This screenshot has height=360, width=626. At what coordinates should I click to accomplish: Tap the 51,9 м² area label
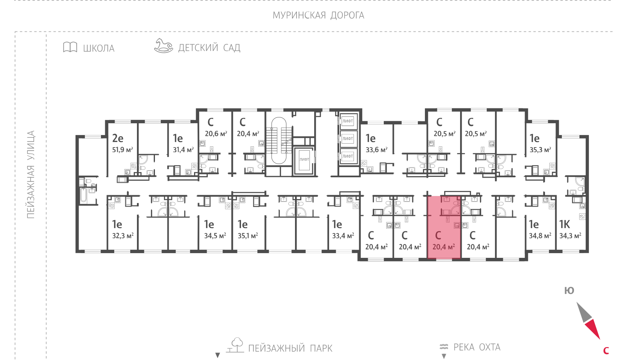(x=122, y=150)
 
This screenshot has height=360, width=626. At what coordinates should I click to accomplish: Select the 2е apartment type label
(x=118, y=138)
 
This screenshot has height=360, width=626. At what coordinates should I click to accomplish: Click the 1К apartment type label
(x=565, y=224)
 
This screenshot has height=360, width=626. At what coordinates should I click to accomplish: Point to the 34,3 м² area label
(x=570, y=236)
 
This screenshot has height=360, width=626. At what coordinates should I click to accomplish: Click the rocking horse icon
(x=164, y=45)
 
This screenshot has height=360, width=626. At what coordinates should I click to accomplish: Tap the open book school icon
(x=70, y=47)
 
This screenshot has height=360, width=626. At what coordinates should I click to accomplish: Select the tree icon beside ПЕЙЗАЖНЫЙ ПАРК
(x=235, y=345)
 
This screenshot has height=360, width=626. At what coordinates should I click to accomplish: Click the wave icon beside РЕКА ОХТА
(x=444, y=347)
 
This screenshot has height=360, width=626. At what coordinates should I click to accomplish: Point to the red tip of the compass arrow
(x=600, y=339)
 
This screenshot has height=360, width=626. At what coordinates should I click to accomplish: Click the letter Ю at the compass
(x=569, y=291)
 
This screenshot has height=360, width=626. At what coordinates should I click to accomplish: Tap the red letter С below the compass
(x=606, y=351)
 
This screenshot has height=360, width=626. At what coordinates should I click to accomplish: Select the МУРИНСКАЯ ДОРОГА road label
(x=318, y=15)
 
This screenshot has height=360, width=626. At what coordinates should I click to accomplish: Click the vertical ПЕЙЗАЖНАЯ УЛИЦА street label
(x=31, y=175)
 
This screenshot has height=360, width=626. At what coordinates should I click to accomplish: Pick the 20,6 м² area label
(x=216, y=133)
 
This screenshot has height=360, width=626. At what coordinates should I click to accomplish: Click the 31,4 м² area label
(x=183, y=150)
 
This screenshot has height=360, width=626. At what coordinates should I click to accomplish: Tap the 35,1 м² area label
(x=248, y=236)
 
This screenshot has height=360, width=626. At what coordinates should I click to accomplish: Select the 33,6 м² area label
(x=376, y=150)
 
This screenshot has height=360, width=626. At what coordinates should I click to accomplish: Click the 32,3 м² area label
(x=123, y=236)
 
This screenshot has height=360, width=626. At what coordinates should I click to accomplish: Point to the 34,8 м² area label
(x=540, y=236)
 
